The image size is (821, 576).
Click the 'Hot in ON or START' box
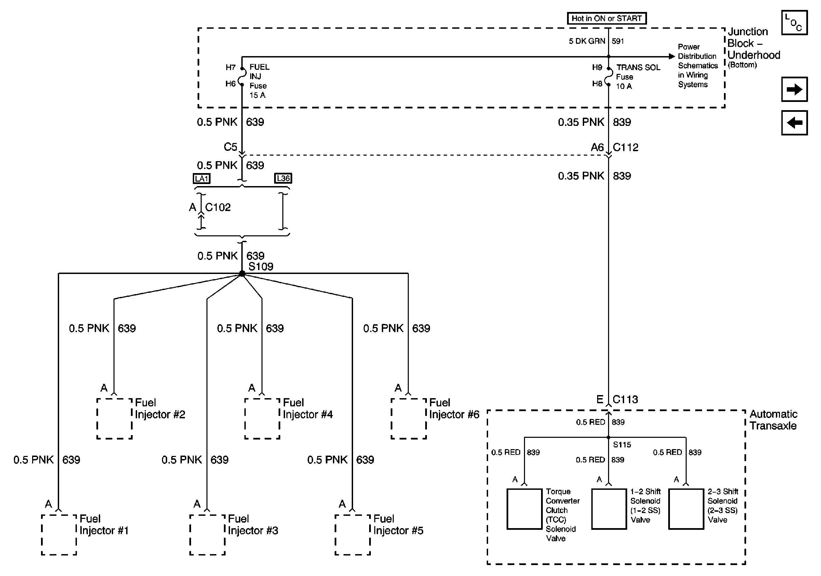click(606, 18)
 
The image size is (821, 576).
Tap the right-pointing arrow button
click(794, 89)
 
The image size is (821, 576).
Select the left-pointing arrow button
click(794, 123)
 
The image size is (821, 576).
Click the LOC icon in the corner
click(794, 23)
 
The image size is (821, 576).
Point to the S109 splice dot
click(242, 274)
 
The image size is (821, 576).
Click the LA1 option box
click(202, 178)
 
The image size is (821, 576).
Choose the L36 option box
click(283, 178)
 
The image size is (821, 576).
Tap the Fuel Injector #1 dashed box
click(59, 535)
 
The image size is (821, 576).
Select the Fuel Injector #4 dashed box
click(262, 419)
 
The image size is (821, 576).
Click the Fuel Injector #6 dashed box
click(409, 419)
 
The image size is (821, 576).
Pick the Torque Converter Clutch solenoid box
click(524, 509)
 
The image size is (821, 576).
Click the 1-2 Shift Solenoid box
click(609, 509)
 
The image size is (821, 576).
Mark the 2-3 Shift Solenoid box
click(686, 509)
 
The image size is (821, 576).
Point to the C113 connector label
click(625, 399)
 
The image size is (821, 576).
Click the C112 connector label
click(625, 147)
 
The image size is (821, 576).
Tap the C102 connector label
click(218, 207)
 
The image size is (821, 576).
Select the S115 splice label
click(622, 445)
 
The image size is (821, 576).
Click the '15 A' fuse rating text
click(257, 95)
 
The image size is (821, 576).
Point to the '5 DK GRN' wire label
click(587, 41)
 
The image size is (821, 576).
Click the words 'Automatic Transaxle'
click(773, 420)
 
